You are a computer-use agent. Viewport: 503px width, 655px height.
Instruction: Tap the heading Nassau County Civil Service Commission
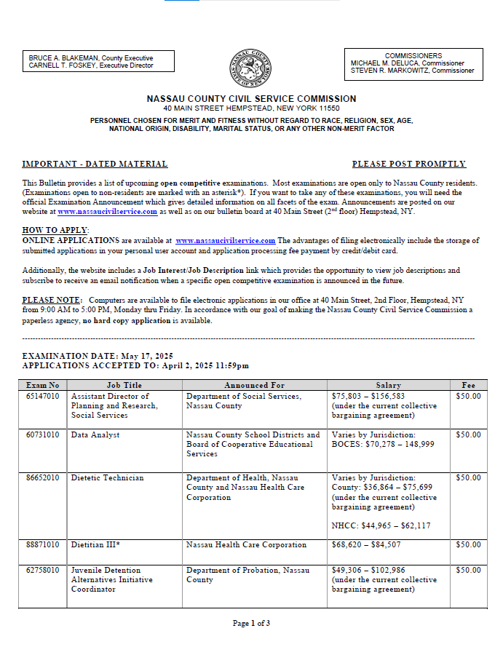(x=251, y=99)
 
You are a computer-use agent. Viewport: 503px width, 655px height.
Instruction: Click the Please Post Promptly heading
(x=408, y=164)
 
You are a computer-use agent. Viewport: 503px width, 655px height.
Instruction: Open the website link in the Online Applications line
(x=225, y=241)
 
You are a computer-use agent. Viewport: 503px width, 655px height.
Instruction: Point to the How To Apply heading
(x=55, y=230)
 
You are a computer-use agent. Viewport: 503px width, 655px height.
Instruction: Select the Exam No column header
(x=42, y=385)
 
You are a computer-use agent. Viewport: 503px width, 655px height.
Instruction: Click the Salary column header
(x=388, y=385)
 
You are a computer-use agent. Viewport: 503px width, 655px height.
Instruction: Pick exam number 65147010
(x=42, y=397)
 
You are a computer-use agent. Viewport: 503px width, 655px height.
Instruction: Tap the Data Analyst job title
(x=95, y=435)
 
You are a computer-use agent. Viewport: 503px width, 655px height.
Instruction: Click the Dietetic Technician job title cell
(x=107, y=478)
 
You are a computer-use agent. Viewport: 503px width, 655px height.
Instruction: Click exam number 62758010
(x=42, y=571)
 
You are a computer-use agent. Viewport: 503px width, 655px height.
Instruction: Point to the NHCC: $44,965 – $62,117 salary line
(x=381, y=525)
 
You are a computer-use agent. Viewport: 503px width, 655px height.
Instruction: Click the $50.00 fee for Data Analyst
(x=468, y=435)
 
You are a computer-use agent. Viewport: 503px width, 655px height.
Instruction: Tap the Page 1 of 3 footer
(x=251, y=623)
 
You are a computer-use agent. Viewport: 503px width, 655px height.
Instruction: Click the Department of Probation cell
(x=247, y=575)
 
